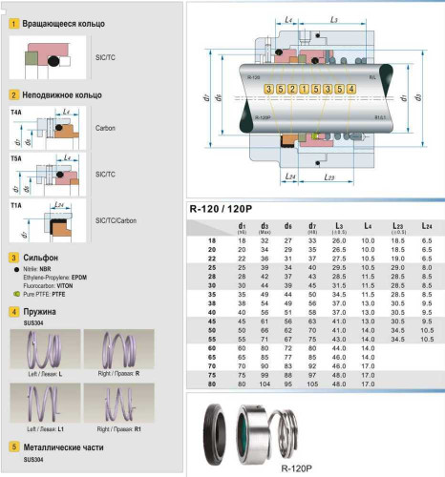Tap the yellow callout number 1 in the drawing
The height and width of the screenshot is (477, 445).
pos(303,89)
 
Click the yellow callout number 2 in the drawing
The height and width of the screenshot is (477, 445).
pos(290,89)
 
